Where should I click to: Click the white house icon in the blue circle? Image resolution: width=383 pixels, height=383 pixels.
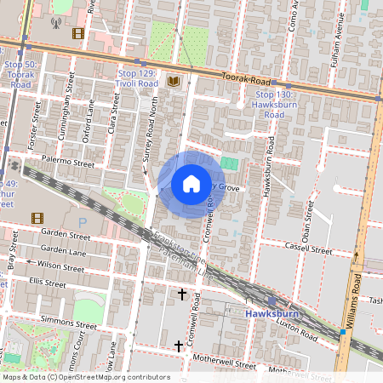click(191, 184)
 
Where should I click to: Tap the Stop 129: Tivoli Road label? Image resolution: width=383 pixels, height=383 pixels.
click(137, 79)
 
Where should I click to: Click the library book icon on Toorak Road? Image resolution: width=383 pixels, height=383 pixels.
click(174, 81)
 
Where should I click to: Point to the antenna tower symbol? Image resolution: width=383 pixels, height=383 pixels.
click(56, 24)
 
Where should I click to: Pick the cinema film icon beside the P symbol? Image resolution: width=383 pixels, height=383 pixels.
click(37, 218)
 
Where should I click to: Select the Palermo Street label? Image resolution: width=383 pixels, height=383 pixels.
click(71, 161)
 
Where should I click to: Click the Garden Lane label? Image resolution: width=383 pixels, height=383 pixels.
click(64, 250)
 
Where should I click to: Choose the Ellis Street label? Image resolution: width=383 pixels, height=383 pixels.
click(47, 281)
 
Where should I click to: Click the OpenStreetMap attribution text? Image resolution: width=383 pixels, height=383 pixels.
click(86, 377)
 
